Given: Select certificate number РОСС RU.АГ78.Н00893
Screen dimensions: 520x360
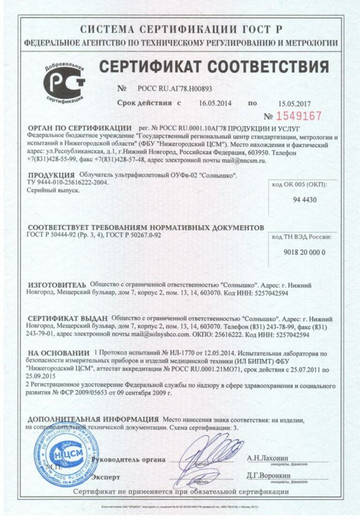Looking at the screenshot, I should click(x=175, y=89).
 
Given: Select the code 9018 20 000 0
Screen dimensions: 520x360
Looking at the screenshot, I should click(x=305, y=252).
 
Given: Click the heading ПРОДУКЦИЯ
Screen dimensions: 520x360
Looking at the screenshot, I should click(x=52, y=175).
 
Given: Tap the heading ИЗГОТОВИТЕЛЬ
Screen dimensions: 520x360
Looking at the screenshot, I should click(x=57, y=284).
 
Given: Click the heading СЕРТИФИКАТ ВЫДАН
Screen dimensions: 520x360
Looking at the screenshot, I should click(x=67, y=318).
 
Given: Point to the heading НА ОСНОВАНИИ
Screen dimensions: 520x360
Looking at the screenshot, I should click(x=59, y=352).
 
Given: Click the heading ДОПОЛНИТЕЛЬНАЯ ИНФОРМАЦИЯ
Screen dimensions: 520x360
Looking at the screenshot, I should click(x=93, y=419).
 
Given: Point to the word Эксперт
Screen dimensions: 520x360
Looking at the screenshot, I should click(x=105, y=477).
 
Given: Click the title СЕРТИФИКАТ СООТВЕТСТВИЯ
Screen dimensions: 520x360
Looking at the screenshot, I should click(x=213, y=67).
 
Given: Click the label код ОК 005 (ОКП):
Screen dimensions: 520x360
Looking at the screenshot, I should click(x=300, y=184).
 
